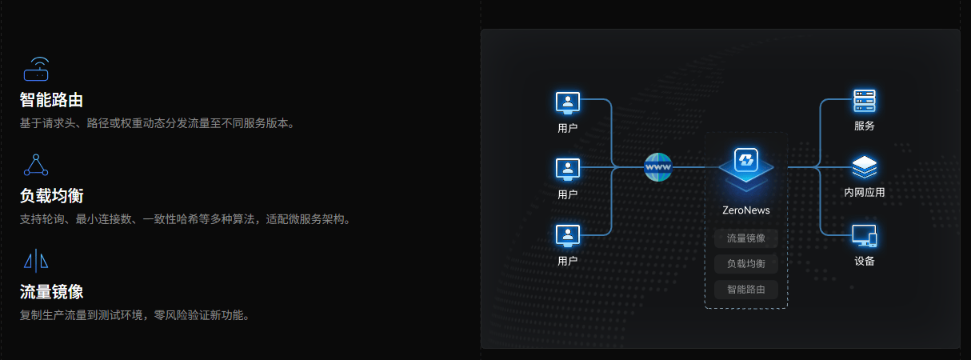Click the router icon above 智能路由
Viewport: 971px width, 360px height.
pyautogui.click(x=36, y=70)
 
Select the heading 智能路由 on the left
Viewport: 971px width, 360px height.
pyautogui.click(x=52, y=101)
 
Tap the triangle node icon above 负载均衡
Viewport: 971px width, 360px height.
pyautogui.click(x=36, y=165)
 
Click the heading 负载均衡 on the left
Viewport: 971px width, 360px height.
pyautogui.click(x=52, y=196)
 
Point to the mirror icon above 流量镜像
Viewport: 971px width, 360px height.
pyautogui.click(x=36, y=260)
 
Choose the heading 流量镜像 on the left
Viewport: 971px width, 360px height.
pyautogui.click(x=52, y=291)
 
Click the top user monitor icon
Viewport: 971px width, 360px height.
pyautogui.click(x=567, y=102)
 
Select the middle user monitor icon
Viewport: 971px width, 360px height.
pyautogui.click(x=567, y=168)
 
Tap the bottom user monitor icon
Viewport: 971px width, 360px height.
pyautogui.click(x=567, y=235)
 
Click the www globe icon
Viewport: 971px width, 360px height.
pyautogui.click(x=658, y=167)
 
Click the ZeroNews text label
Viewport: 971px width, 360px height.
pyautogui.click(x=745, y=210)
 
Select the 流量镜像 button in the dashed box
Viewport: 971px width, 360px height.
pyautogui.click(x=745, y=238)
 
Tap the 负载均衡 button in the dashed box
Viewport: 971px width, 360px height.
pyautogui.click(x=745, y=264)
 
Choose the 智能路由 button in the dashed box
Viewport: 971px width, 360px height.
pyautogui.click(x=745, y=290)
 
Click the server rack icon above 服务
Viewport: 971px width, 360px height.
pyautogui.click(x=865, y=102)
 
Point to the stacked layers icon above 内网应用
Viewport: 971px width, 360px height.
pyautogui.click(x=865, y=167)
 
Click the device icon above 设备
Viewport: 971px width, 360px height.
pyautogui.click(x=865, y=235)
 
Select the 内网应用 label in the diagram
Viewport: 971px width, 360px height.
pyautogui.click(x=865, y=193)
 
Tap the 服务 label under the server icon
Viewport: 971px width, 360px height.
pyautogui.click(x=865, y=126)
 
